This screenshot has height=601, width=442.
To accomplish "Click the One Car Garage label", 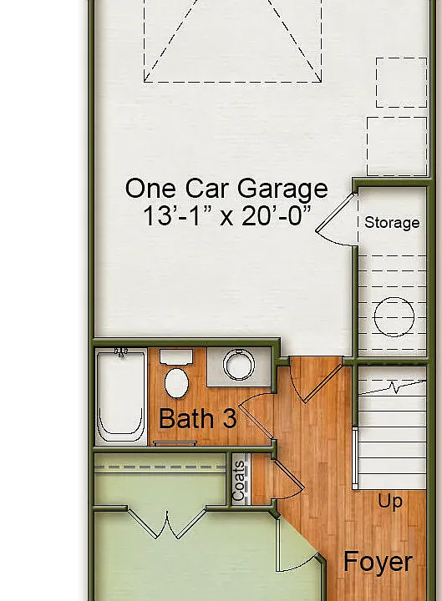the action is (226, 189).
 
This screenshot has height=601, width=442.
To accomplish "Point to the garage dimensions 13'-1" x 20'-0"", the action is (226, 215).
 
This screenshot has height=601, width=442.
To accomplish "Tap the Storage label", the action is (392, 223).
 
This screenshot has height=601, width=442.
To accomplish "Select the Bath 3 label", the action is (197, 418).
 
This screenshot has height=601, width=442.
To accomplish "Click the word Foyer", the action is (378, 563).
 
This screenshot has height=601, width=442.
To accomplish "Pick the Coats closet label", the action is (239, 481).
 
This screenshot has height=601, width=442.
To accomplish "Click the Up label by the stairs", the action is (390, 502).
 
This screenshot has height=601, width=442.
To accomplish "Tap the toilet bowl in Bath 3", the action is (176, 382).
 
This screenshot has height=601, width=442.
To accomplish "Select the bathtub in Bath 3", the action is (121, 396).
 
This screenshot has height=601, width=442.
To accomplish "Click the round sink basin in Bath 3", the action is (239, 365).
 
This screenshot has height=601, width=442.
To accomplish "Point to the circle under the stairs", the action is (394, 317).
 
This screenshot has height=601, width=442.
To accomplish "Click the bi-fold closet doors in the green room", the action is (167, 524).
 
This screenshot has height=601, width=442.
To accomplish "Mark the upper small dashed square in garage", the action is (401, 83).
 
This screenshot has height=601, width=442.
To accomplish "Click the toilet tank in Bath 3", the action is (176, 357).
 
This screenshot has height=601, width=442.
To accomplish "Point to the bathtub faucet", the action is (121, 352).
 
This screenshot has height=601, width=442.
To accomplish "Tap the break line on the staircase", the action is (392, 387).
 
